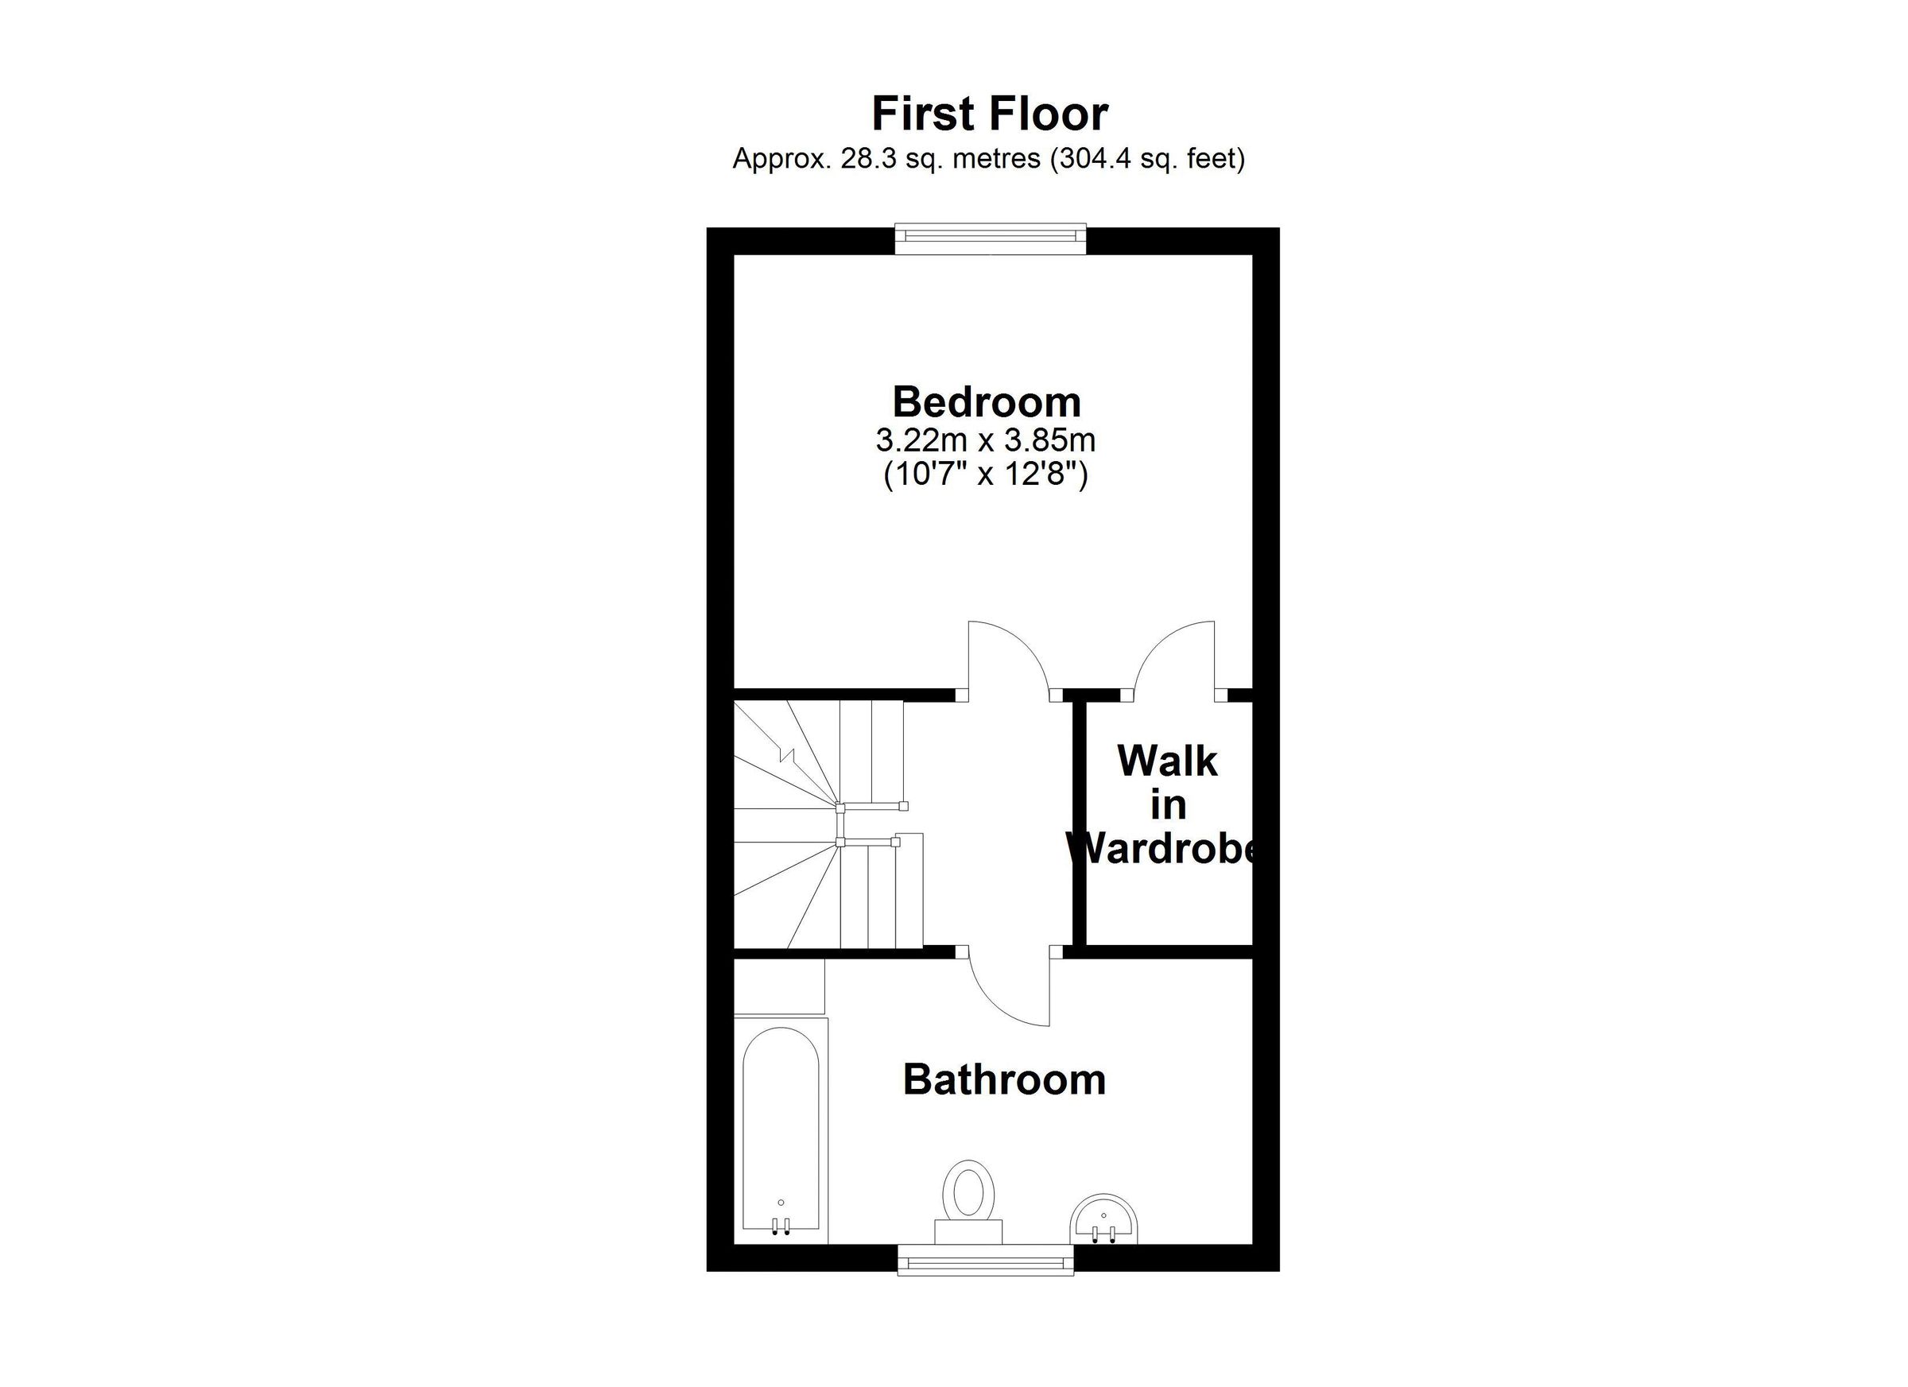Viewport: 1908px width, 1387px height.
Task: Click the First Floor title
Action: tap(989, 114)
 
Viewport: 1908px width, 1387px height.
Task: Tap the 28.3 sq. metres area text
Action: tap(940, 159)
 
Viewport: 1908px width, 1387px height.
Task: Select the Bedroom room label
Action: tap(986, 402)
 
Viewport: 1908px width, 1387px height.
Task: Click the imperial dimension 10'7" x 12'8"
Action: tap(985, 476)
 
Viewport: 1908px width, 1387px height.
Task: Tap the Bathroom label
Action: tap(1003, 1080)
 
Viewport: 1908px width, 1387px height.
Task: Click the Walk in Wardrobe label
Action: tap(1167, 806)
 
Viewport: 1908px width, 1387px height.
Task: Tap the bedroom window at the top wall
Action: tap(991, 238)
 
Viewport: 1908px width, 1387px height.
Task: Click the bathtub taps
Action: tap(781, 1227)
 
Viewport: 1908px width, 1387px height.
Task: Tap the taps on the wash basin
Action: tap(1103, 1234)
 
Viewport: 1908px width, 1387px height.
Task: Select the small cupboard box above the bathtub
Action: tap(779, 986)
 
